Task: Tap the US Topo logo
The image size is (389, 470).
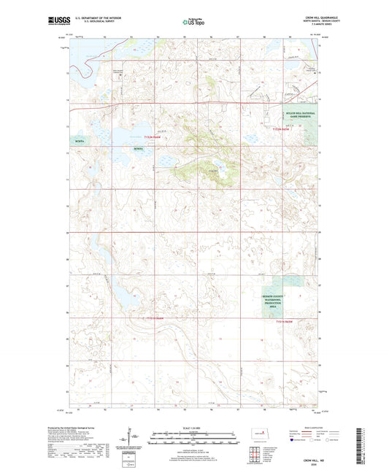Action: (194, 22)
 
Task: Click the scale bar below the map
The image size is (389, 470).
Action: (194, 441)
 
